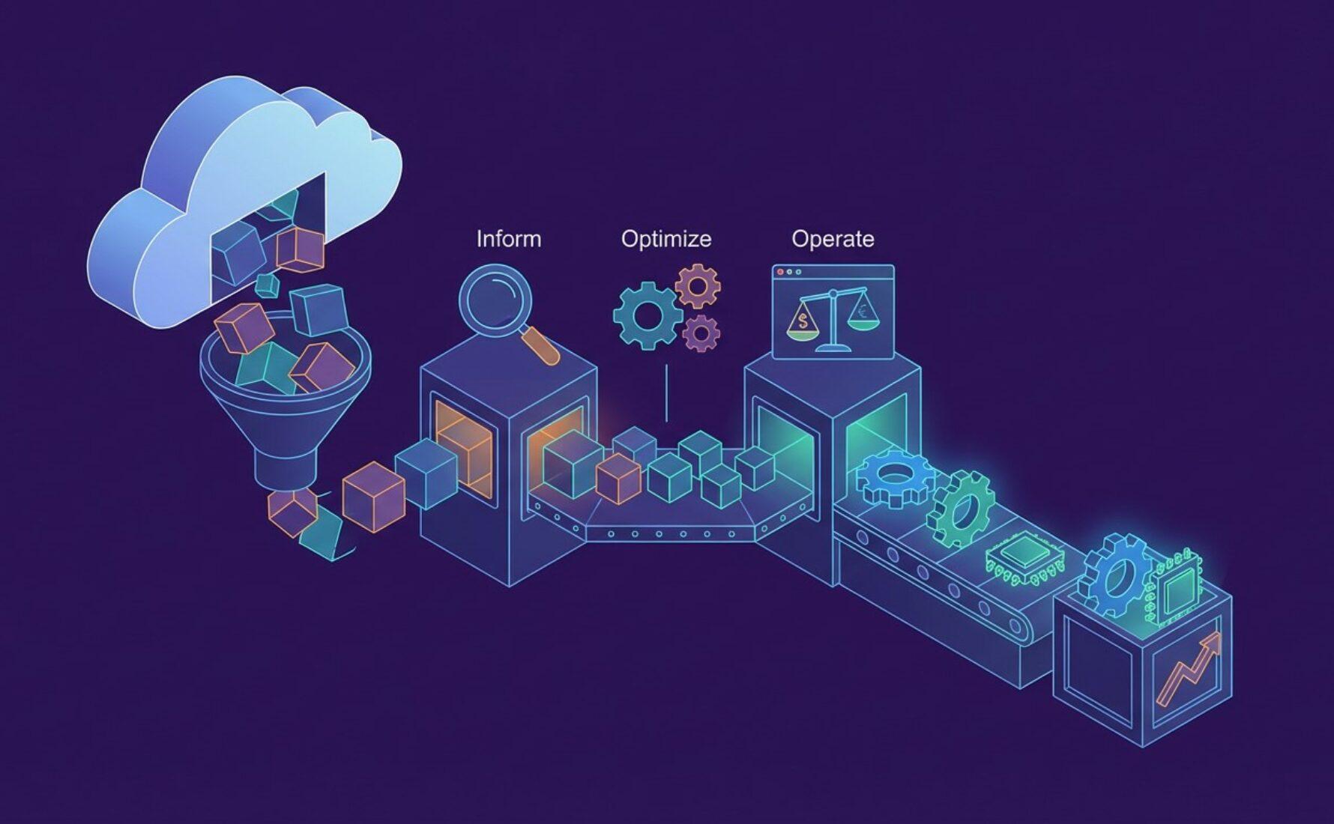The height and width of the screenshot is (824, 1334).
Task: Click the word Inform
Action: tap(508, 239)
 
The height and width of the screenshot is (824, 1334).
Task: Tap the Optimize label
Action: tap(666, 239)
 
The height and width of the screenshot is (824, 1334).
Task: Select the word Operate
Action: tap(833, 239)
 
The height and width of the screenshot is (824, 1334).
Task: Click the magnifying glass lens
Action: tap(495, 300)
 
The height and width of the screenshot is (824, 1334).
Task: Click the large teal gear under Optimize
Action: tap(646, 315)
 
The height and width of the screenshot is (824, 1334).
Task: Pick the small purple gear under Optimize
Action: tap(702, 333)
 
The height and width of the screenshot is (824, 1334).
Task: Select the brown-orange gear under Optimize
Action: tap(698, 285)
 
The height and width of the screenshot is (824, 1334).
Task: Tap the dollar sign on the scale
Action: tap(803, 323)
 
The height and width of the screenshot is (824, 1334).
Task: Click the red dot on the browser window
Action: tap(781, 271)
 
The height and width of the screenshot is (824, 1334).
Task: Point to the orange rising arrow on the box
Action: tap(1189, 670)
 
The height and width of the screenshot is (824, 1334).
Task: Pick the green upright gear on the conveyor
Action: tap(962, 509)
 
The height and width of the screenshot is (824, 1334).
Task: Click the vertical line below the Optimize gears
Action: tap(666, 393)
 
